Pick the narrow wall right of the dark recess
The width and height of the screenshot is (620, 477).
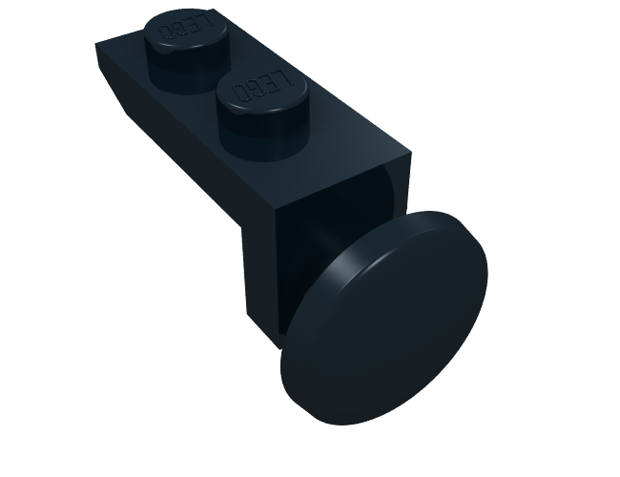tap(405, 181)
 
